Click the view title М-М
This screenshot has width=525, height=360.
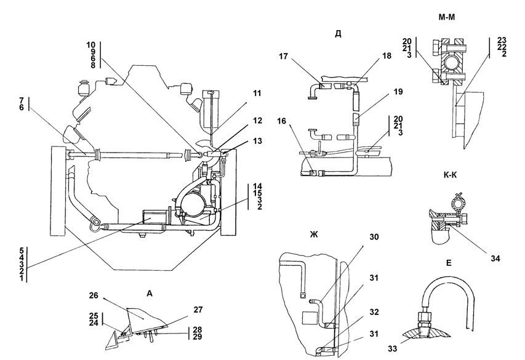(x=447, y=17)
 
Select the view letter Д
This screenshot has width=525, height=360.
(x=338, y=34)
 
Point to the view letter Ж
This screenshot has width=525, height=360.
(x=313, y=234)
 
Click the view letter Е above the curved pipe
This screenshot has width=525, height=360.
(x=449, y=263)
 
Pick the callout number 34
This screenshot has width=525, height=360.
(x=495, y=259)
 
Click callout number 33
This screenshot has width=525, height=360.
(x=393, y=348)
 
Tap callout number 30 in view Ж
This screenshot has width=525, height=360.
(x=374, y=237)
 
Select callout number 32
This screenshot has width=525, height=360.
(x=374, y=312)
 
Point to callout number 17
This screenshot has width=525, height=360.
(x=283, y=56)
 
